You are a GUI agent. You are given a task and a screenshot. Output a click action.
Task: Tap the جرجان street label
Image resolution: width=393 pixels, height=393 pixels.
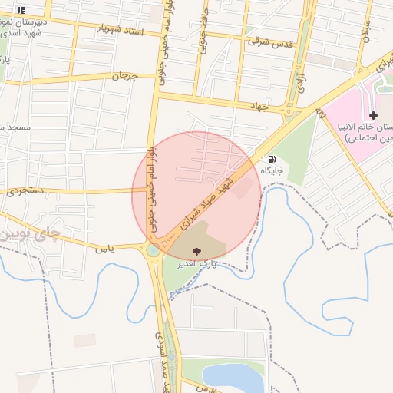pyautogui.click(x=124, y=76)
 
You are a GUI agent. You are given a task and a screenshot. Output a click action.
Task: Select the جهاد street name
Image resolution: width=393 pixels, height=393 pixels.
pyautogui.click(x=259, y=107)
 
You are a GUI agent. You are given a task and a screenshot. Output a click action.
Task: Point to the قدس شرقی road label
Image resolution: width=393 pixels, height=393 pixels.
pyautogui.click(x=269, y=41)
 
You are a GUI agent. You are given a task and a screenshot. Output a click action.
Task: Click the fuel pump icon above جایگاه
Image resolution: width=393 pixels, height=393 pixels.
pyautogui.click(x=272, y=159)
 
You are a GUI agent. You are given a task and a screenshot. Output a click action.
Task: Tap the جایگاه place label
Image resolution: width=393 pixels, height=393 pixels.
pyautogui.click(x=272, y=170)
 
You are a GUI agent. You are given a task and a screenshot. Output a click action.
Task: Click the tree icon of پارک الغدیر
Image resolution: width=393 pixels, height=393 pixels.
pyautogui.click(x=198, y=251)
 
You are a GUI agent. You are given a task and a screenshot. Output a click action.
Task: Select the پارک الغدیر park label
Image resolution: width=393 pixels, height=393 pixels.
pyautogui.click(x=198, y=263)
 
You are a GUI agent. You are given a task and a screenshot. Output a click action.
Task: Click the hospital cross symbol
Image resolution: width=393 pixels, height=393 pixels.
pyautogui.click(x=374, y=115)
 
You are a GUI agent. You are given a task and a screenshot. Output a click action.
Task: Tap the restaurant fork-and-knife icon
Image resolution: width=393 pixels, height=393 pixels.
pyautogui.click(x=21, y=10)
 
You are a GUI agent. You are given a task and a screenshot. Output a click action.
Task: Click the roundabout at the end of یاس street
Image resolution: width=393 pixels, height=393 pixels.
pyautogui.click(x=154, y=249)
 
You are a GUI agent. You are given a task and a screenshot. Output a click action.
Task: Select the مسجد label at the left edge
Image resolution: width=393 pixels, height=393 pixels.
pyautogui.click(x=14, y=126)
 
